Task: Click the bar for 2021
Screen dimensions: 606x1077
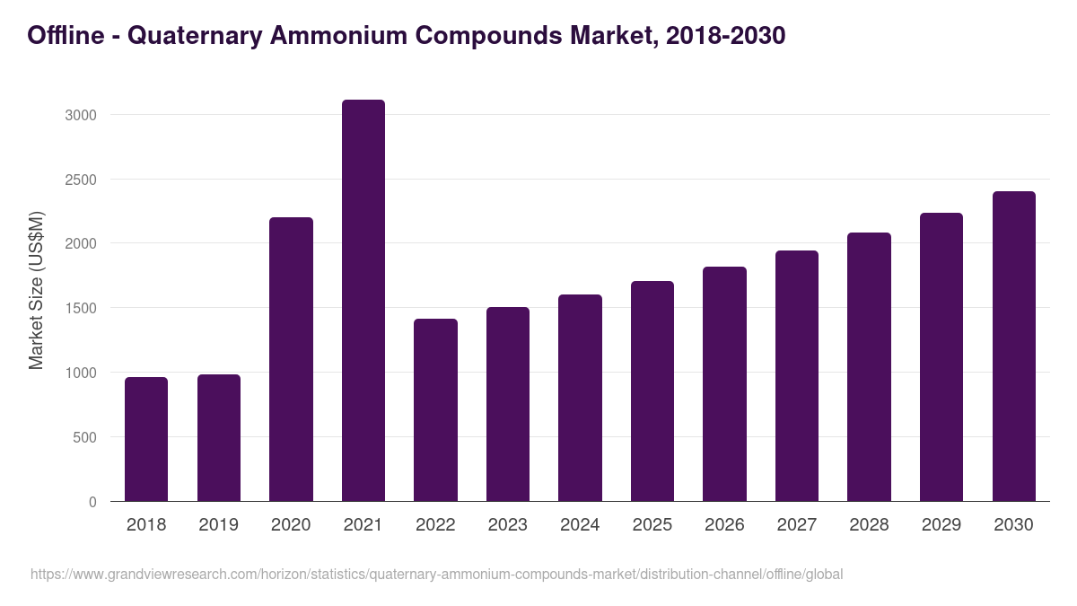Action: click(x=363, y=301)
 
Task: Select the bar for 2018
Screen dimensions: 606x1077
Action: click(x=146, y=439)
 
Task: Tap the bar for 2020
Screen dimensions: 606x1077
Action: click(x=291, y=359)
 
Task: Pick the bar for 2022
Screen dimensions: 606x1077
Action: click(x=435, y=410)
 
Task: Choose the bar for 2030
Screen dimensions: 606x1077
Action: click(x=1013, y=347)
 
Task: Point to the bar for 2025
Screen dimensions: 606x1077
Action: click(x=652, y=391)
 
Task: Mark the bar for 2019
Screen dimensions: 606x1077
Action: click(x=219, y=438)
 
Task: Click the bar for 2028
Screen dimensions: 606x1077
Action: click(x=869, y=367)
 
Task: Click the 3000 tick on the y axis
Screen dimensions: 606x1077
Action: click(x=81, y=115)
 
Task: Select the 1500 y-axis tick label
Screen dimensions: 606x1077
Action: click(x=81, y=308)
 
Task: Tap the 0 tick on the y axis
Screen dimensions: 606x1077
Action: click(x=92, y=502)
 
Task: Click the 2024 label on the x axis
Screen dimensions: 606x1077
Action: click(x=580, y=525)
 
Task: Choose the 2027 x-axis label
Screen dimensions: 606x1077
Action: click(x=797, y=525)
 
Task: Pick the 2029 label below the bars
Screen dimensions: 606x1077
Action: click(x=941, y=525)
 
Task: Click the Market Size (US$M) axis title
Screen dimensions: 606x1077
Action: click(x=36, y=291)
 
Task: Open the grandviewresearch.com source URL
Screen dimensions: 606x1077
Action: click(x=437, y=574)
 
